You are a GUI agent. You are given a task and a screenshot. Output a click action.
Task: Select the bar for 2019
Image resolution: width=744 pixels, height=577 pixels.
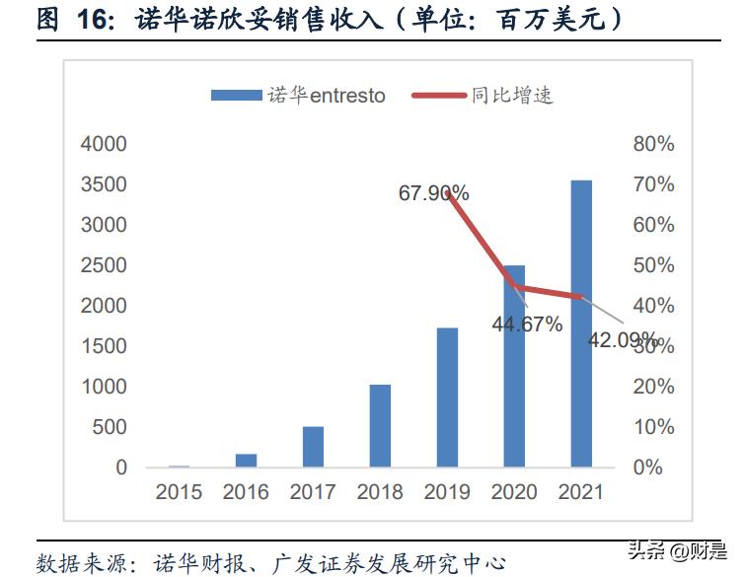tap(447, 397)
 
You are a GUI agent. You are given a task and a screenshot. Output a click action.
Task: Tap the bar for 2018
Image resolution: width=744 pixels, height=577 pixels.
tap(380, 426)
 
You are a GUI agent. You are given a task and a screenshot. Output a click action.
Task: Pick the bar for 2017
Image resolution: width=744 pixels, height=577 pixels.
tap(313, 447)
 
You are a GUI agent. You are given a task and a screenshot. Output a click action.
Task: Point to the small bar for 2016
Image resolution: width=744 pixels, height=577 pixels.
tap(246, 461)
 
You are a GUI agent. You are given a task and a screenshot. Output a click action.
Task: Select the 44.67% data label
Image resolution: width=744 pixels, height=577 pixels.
tap(527, 324)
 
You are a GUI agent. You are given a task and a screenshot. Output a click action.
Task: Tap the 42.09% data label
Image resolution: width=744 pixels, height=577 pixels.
tap(624, 340)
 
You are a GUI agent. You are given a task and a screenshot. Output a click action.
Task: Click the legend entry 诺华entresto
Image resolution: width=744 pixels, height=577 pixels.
tap(297, 96)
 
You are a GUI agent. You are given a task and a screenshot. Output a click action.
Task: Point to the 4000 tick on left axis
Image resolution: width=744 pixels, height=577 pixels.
tap(104, 144)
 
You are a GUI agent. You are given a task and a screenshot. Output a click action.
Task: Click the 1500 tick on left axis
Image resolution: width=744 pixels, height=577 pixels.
tap(104, 346)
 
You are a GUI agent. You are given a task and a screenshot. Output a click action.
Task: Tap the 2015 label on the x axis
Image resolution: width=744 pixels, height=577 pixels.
tap(179, 491)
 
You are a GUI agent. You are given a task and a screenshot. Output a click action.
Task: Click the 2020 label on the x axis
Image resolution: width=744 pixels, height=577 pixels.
tap(514, 491)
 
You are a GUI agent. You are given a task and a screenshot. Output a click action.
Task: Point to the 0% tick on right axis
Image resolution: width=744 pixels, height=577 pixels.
tap(647, 468)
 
